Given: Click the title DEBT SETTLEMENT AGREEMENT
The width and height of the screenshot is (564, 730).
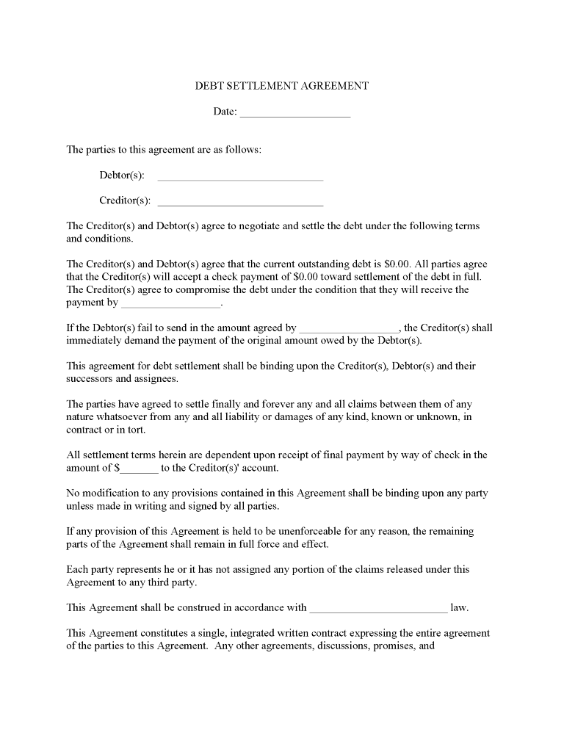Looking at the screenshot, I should (281, 86).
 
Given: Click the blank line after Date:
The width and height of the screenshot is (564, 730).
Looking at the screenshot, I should (295, 113).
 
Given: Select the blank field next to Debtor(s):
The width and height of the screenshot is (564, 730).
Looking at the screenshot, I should (240, 176).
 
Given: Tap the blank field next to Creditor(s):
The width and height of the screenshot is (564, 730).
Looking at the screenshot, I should (240, 202).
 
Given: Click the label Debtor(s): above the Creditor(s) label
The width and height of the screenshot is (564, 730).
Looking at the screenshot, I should (122, 176).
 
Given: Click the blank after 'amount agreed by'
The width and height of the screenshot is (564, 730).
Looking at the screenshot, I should (349, 329).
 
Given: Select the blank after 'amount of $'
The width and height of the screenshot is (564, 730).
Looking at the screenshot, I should (140, 469).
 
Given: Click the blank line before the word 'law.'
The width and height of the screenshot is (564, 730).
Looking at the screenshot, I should (378, 608).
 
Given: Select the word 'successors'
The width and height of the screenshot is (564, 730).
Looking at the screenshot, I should (90, 379).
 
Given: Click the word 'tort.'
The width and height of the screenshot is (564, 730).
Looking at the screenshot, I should (135, 430).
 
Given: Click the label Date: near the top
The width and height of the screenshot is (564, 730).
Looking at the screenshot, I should (225, 112).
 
